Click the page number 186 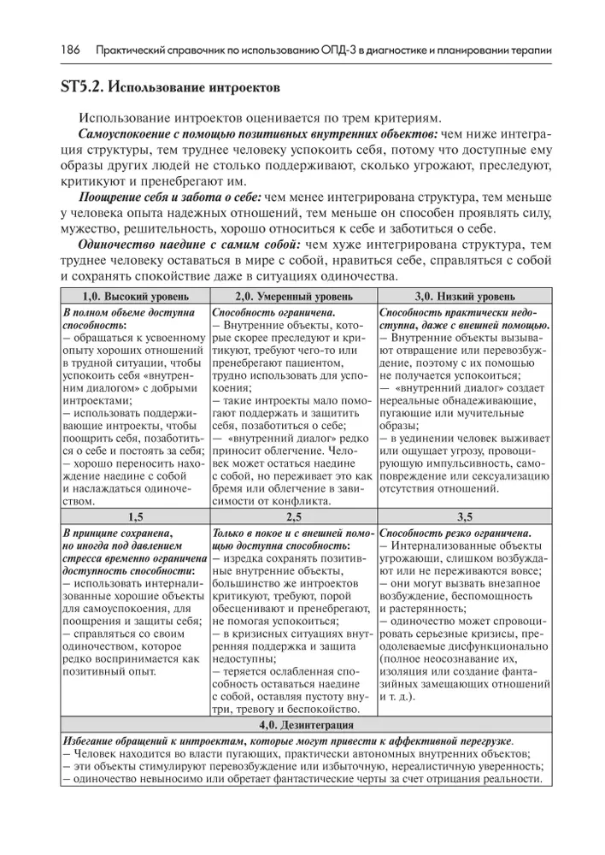click(x=70, y=50)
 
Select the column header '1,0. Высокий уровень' click(x=134, y=297)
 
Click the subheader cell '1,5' click(x=134, y=516)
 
